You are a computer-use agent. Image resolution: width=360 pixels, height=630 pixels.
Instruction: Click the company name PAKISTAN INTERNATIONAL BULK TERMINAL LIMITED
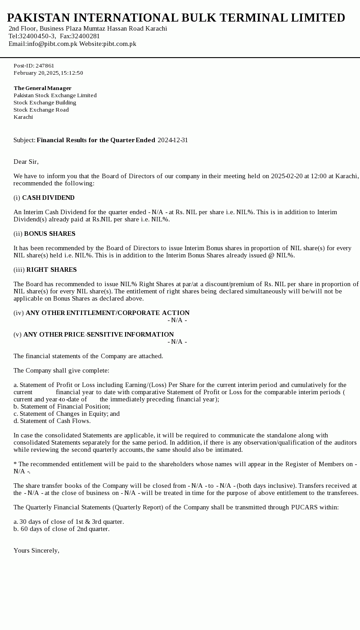[176, 18]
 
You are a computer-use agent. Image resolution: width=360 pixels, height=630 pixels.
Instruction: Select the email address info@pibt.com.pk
[52, 44]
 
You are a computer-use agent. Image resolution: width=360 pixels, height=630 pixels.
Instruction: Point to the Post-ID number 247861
[45, 66]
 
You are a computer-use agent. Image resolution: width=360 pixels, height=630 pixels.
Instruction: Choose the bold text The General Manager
[42, 88]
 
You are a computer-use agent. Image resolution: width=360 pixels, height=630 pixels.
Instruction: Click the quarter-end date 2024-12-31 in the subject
[173, 140]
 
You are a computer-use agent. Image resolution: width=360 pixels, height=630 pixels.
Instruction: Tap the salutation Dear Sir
[26, 162]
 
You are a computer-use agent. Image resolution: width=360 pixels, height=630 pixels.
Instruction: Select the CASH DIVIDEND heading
[48, 198]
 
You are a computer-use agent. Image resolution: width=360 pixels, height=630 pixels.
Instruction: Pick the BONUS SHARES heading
[49, 234]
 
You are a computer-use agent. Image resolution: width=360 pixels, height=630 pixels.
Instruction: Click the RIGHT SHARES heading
[51, 270]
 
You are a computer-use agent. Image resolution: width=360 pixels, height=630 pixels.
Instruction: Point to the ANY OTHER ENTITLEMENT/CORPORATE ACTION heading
[108, 313]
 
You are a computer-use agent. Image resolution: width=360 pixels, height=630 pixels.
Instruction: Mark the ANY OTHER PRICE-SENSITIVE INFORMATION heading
[99, 334]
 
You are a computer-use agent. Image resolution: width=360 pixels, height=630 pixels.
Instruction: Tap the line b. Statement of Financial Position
[62, 406]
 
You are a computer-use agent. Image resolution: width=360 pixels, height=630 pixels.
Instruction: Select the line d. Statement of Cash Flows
[52, 421]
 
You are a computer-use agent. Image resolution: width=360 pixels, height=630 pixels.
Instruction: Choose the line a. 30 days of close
[68, 522]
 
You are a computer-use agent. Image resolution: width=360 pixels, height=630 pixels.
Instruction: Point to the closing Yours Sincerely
[36, 550]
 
